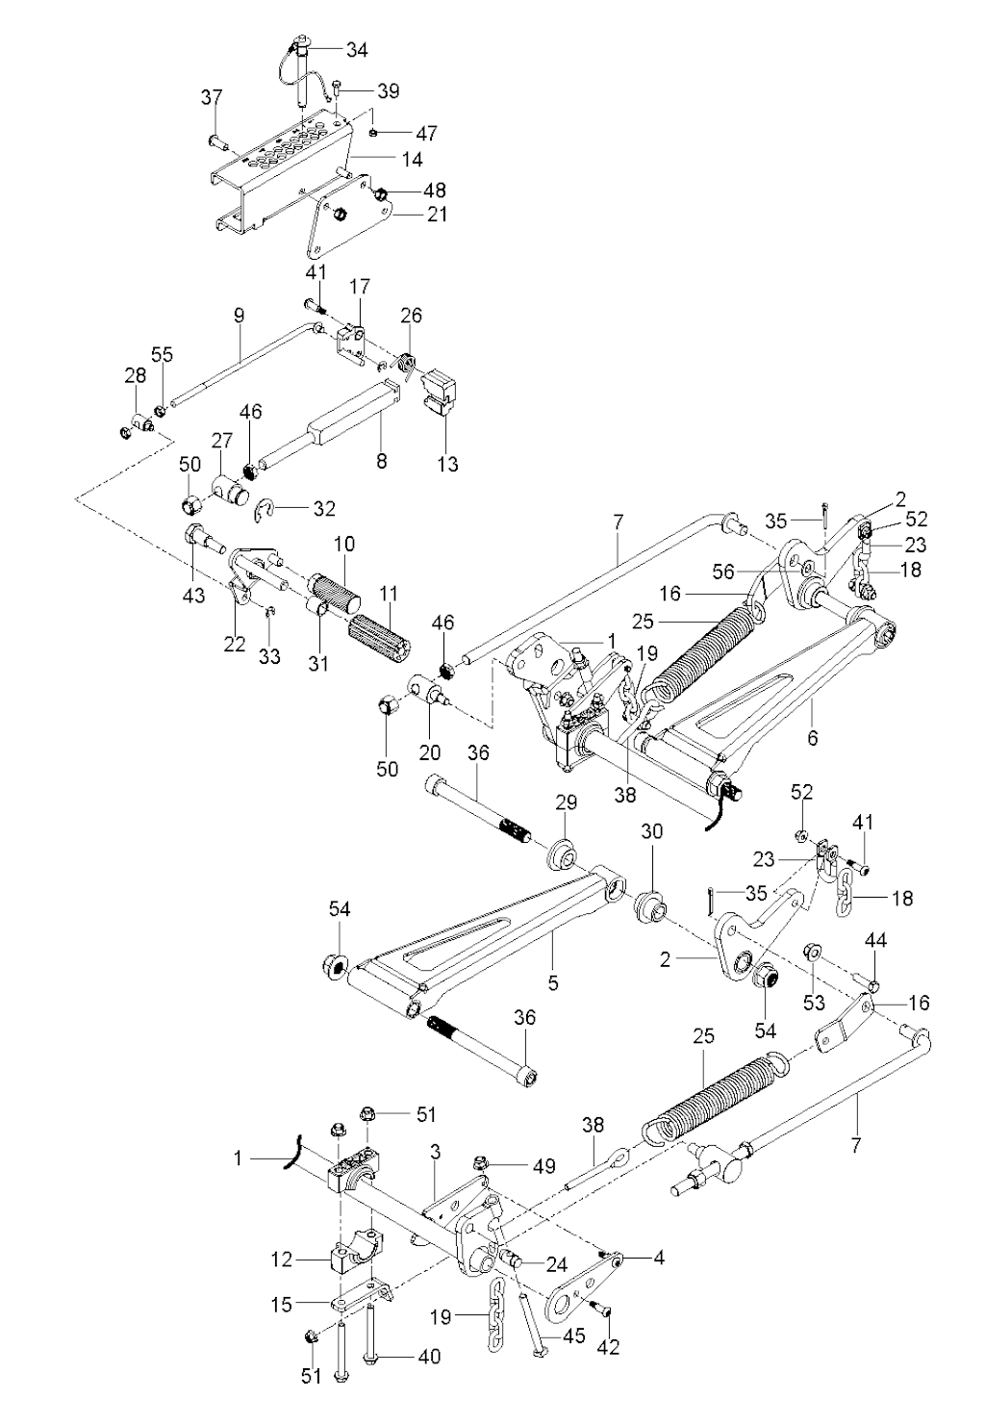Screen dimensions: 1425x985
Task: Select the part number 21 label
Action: tap(437, 215)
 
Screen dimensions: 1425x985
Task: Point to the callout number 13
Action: tap(447, 466)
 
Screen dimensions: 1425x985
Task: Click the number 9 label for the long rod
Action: tap(240, 315)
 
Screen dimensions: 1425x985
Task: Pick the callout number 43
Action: tap(194, 596)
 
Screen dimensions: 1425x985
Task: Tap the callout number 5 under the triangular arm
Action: tap(552, 961)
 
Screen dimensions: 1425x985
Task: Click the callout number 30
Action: tap(652, 833)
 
